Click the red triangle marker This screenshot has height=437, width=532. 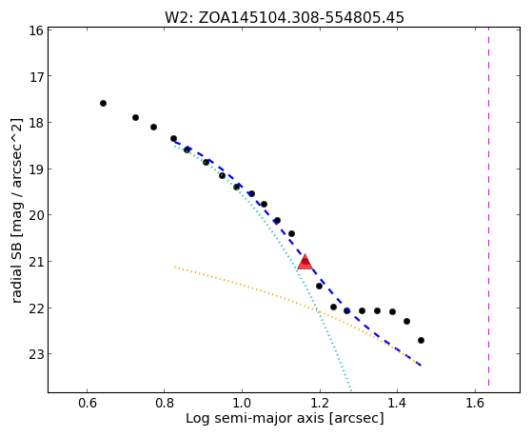[305, 262]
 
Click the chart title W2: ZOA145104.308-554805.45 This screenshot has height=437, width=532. [285, 17]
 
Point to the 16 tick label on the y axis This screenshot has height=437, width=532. [34, 30]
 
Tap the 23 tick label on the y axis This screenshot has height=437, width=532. [34, 354]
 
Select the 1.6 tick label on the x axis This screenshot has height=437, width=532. [475, 403]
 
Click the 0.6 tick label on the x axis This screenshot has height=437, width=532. [88, 403]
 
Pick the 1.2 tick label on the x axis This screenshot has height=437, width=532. [320, 403]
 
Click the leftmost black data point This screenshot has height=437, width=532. [103, 103]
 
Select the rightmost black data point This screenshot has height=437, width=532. [421, 340]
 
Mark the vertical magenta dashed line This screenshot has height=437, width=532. [488, 207]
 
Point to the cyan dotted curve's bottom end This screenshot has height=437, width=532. [351, 391]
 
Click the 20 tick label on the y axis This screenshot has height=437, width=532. [34, 215]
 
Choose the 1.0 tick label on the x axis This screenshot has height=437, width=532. [243, 403]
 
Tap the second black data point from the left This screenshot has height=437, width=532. [135, 117]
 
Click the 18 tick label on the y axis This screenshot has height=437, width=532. [34, 122]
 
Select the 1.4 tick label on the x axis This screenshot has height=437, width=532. [397, 403]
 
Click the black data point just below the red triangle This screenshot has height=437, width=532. [319, 287]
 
